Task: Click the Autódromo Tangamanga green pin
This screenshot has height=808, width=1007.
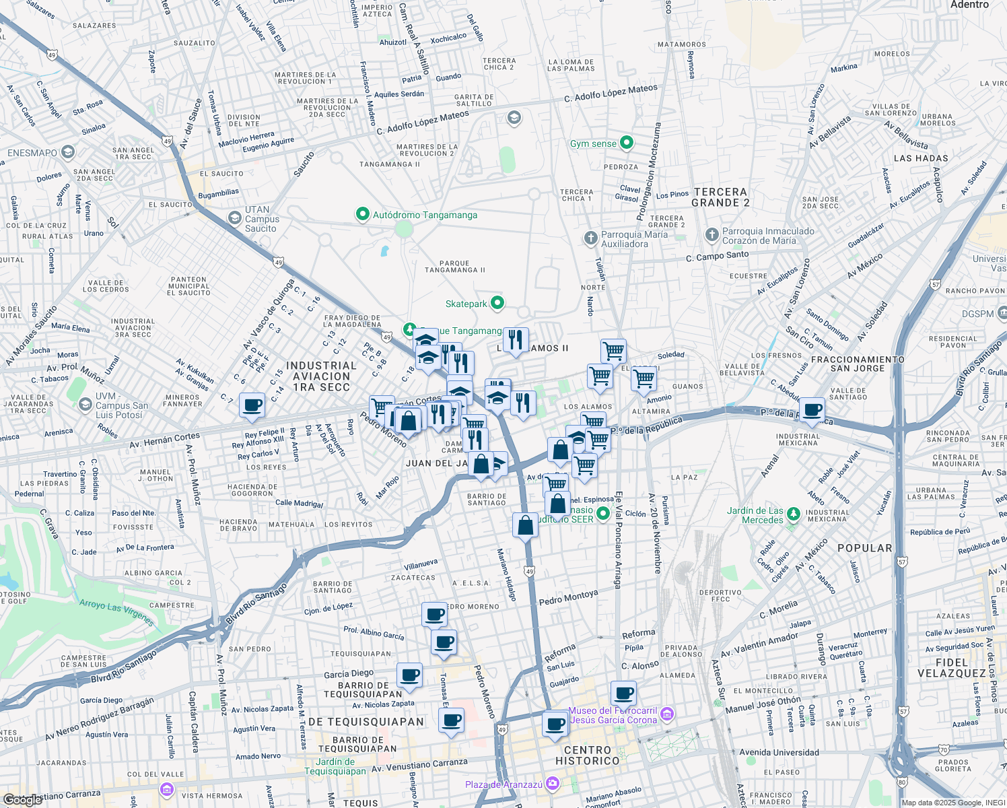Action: tap(363, 215)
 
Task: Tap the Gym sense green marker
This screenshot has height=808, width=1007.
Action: tap(627, 143)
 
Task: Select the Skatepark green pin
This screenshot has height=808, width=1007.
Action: tap(497, 303)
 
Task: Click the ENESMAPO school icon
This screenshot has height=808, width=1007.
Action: tap(67, 152)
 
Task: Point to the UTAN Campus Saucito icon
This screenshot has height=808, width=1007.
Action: tap(234, 218)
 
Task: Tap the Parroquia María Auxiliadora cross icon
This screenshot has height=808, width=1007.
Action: tap(590, 238)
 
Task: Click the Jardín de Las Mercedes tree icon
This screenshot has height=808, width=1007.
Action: tap(794, 515)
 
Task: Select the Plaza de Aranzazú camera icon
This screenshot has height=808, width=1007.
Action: tap(553, 783)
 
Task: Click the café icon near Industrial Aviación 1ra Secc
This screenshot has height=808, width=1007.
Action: tap(252, 405)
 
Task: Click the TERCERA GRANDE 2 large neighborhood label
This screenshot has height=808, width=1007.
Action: tap(720, 197)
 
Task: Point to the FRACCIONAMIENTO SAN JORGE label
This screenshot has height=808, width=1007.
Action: tap(858, 364)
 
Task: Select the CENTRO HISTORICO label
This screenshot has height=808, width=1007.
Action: tap(587, 755)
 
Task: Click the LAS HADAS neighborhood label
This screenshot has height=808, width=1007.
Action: tap(921, 158)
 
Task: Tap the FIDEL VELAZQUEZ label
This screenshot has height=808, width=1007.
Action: tap(951, 668)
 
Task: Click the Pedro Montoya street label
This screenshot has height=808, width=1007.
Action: tap(568, 597)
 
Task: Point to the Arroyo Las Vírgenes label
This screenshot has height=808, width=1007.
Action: tap(116, 612)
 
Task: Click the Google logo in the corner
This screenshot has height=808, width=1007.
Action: tap(23, 799)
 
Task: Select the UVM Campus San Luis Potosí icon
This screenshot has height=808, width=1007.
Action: tap(85, 404)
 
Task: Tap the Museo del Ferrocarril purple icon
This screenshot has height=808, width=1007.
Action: tap(667, 714)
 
